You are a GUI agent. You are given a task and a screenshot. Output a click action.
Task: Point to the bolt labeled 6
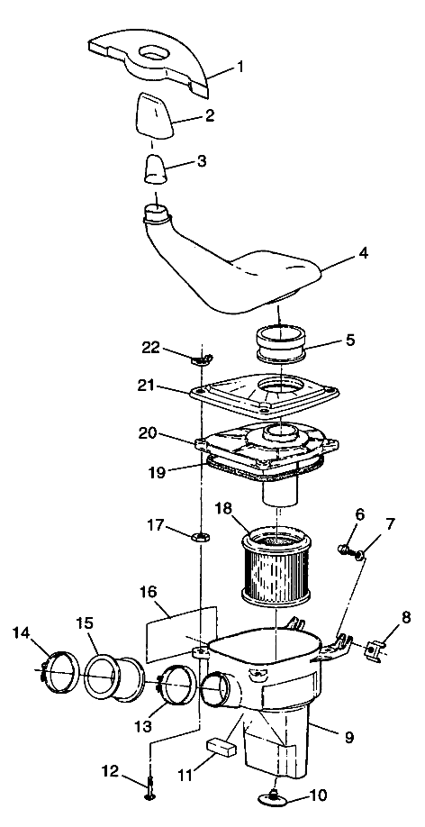point(345,548)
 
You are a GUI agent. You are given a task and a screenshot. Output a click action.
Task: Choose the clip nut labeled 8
point(373,649)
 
